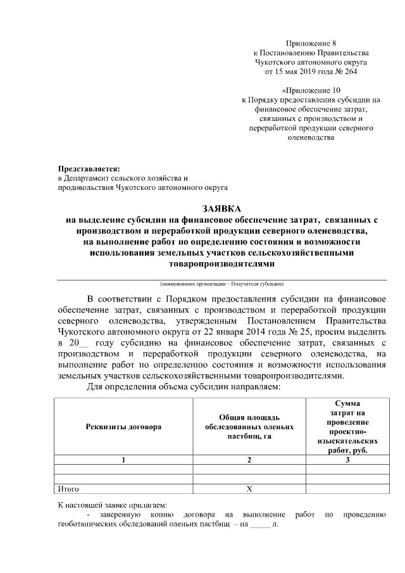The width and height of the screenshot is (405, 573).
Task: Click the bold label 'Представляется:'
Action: click(89, 169)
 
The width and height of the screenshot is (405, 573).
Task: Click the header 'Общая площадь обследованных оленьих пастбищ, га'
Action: click(249, 427)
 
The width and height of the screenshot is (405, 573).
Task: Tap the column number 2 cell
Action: click(249, 460)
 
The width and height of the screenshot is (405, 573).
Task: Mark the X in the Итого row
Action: click(249, 489)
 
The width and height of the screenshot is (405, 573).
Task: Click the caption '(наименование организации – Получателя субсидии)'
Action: click(221, 283)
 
